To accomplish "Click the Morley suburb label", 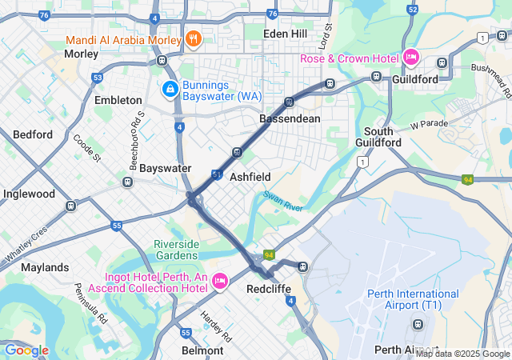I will point(81,54).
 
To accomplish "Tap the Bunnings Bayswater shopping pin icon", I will point(170,88).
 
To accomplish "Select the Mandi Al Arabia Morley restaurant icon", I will point(192,38).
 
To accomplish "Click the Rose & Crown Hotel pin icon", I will point(411,57).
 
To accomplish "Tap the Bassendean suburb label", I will point(290,118).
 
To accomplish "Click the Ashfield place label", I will point(250,177).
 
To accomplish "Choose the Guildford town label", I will point(415,79).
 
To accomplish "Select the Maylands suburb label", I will point(45,267).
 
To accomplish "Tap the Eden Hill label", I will point(286,34).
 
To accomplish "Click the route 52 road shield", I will point(412,9).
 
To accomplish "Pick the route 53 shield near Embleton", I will point(98,78).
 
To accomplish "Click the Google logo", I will point(26,350).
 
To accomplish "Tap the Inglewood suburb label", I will point(29,194).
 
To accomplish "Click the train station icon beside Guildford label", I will point(376,77).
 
